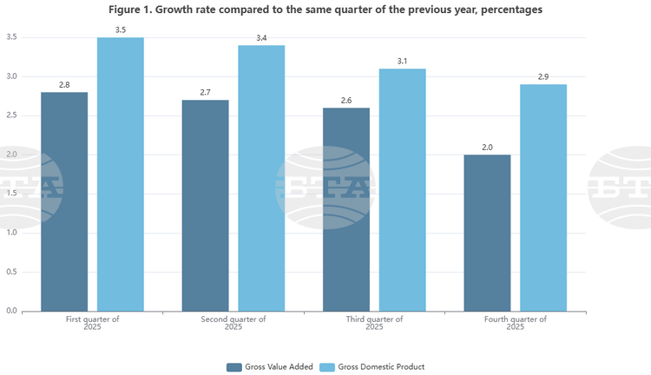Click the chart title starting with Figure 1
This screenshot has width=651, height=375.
(325, 10)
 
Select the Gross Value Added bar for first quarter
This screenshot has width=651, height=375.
(64, 201)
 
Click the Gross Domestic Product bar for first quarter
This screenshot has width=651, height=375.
(121, 174)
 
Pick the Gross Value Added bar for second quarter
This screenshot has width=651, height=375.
(205, 205)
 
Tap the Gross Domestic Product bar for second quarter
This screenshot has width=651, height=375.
(261, 178)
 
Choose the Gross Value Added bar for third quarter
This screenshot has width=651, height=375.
(346, 209)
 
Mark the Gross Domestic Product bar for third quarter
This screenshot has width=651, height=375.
(403, 189)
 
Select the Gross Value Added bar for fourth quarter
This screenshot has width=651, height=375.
(487, 233)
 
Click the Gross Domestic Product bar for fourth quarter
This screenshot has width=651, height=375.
(543, 197)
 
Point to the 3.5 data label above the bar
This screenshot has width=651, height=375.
(121, 30)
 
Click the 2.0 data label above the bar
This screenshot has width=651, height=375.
(487, 148)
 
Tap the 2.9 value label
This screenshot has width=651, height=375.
(543, 77)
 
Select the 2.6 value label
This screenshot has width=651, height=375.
(346, 101)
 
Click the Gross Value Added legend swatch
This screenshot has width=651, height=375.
(234, 366)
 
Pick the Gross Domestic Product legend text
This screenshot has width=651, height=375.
(382, 366)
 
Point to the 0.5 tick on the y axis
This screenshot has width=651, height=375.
(12, 272)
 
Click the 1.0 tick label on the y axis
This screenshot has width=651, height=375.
(12, 233)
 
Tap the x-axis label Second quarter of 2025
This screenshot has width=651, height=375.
(233, 323)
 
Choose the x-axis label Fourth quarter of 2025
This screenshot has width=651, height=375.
(516, 323)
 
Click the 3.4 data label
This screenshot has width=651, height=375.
(261, 38)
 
